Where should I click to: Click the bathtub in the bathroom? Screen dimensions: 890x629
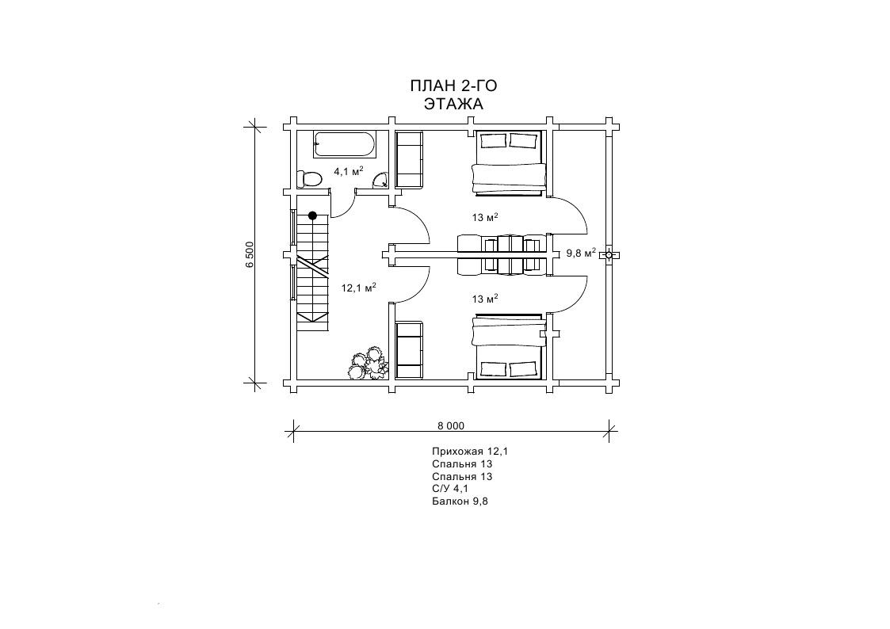345,144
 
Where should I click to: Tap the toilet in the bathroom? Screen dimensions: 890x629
310,179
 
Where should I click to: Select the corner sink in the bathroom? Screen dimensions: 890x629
379,181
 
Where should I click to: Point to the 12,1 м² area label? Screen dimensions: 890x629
358,288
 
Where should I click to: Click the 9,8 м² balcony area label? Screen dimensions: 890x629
581,253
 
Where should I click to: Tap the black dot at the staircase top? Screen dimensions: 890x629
312,215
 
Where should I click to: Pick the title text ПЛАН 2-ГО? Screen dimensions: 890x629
453,86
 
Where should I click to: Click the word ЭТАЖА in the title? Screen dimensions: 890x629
453,105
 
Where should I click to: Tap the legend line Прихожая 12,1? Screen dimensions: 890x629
470,452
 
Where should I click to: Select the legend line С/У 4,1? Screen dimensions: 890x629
450,489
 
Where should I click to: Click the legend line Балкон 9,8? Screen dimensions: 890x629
460,501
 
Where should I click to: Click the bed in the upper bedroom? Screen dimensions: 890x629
508,162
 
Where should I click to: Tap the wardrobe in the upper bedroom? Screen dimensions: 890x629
409,159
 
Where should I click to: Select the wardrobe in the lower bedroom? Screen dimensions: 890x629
409,350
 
